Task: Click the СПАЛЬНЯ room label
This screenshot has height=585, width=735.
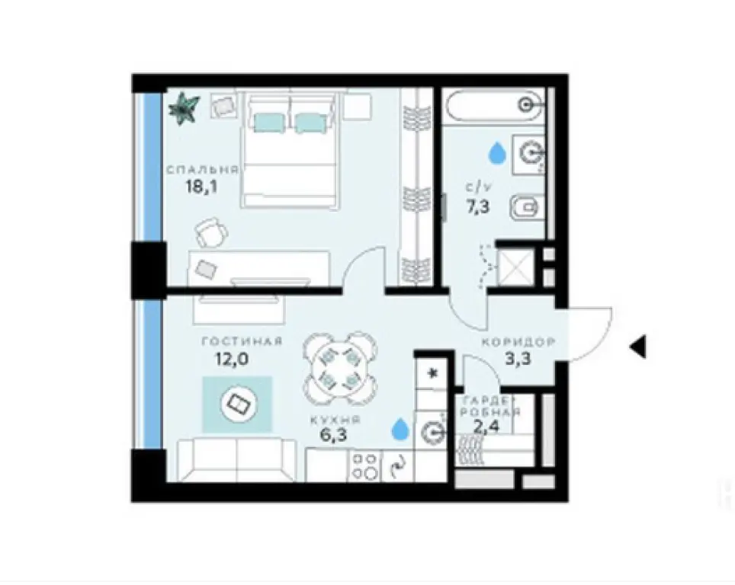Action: pyautogui.click(x=203, y=169)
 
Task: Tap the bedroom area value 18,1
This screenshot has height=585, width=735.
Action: pyautogui.click(x=201, y=187)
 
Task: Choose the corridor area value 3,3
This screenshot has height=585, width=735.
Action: pyautogui.click(x=517, y=360)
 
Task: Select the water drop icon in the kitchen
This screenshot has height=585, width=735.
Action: pyautogui.click(x=399, y=430)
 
